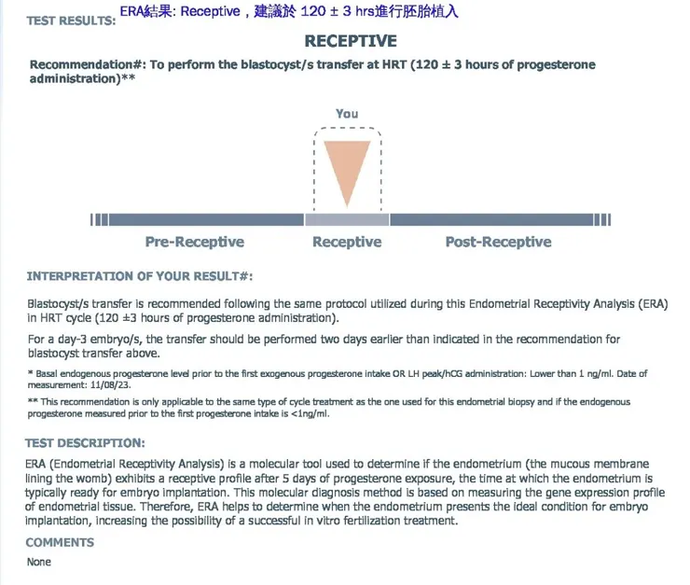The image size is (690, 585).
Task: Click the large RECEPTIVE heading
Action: coord(351,41)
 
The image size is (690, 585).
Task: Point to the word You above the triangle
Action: coord(347,114)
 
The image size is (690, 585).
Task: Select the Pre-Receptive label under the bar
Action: coord(195,243)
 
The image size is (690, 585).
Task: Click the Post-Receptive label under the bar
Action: coord(498,243)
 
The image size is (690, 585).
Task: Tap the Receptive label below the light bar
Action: coord(347,243)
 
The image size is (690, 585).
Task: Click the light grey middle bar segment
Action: coord(347,219)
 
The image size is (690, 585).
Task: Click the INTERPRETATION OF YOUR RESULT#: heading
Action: coord(139,277)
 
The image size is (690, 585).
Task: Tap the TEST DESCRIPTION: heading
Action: coord(85,443)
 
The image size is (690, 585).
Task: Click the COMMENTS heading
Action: coord(60,542)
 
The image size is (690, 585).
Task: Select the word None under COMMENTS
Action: coord(38,562)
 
